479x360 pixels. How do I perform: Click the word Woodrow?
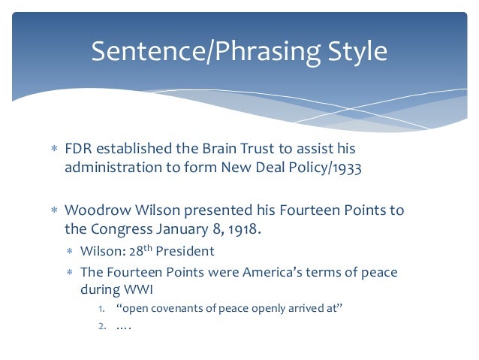click(x=97, y=210)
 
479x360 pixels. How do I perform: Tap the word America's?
click(x=268, y=272)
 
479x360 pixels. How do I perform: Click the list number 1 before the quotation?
click(x=101, y=309)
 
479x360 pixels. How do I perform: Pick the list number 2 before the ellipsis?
click(x=101, y=326)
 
